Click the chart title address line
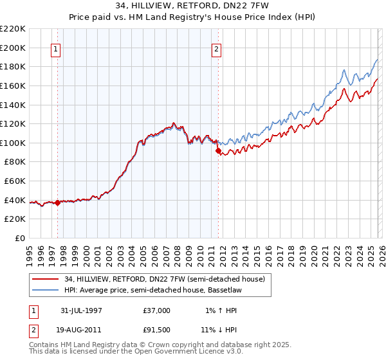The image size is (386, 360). [192, 6]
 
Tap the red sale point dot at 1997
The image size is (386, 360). [58, 203]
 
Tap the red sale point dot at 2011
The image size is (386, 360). [218, 151]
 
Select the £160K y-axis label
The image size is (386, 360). [13, 85]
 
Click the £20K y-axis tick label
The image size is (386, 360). [15, 219]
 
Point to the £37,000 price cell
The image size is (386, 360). [156, 310]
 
